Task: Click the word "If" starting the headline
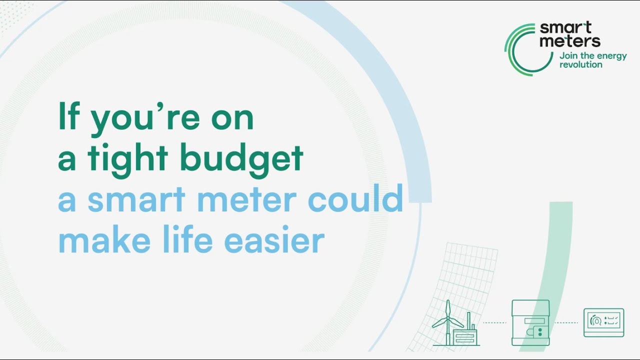click(x=69, y=116)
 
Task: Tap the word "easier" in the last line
click(x=274, y=240)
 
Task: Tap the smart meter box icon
click(x=530, y=322)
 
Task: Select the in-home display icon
click(x=603, y=322)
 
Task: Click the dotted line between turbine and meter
click(x=494, y=323)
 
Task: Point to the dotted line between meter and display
click(x=566, y=323)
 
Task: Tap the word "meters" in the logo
click(x=570, y=41)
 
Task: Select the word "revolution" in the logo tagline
click(x=581, y=65)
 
